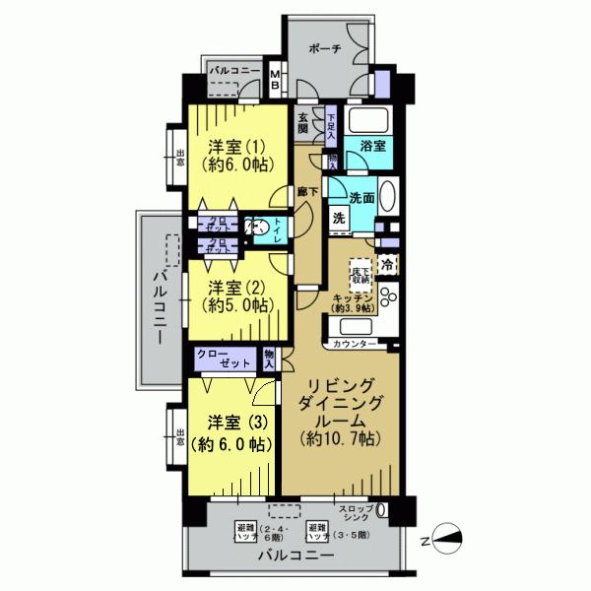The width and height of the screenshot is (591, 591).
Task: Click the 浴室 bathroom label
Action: pos(373,145)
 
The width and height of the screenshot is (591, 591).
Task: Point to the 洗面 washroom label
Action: pos(361,197)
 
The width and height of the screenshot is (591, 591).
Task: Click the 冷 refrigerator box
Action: pos(388,264)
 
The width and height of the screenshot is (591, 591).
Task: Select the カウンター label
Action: pos(355,344)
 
